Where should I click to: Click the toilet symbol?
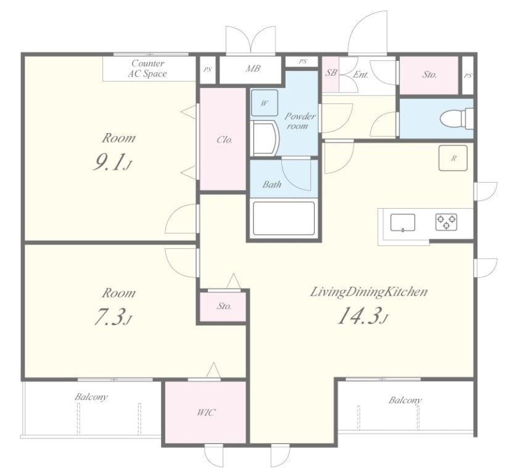coord(456,118)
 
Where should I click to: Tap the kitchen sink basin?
coord(403,222)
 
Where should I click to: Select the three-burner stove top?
coord(446,222)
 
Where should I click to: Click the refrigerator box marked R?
coord(453,158)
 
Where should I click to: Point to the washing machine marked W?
coord(265,103)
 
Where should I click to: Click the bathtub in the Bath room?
coord(284,218)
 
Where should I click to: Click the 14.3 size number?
coord(362,315)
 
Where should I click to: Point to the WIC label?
coord(206,412)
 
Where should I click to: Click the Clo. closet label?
coord(225,140)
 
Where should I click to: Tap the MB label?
coord(252,68)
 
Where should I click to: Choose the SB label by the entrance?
coord(331,73)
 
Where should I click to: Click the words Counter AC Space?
coord(147,68)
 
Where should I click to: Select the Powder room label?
coord(300,121)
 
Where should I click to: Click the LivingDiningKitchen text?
coord(369,292)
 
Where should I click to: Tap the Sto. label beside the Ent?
coord(429,75)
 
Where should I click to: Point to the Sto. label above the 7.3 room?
coord(224,305)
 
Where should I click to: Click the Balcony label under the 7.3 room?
coord(91,397)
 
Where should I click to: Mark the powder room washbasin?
coord(265,138)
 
